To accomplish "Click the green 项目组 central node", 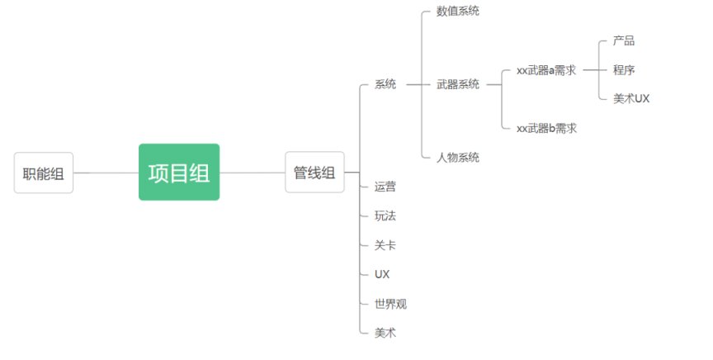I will [x=178, y=173].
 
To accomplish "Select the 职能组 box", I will [x=44, y=173].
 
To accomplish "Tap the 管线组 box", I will [x=314, y=173].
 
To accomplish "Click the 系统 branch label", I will [x=385, y=84].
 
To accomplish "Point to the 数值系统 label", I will [x=458, y=12].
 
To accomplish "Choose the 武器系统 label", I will [x=458, y=84].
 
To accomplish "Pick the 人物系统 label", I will [x=458, y=157].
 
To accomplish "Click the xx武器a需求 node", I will [x=546, y=70].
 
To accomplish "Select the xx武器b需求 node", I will [x=546, y=128].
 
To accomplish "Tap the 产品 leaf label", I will [x=624, y=40].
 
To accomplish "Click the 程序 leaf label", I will [x=624, y=70].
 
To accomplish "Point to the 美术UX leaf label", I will [x=631, y=99].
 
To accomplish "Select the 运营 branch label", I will [x=385, y=187].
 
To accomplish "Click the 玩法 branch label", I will [x=385, y=216].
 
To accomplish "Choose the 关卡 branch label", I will [x=385, y=245].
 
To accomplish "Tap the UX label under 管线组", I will [x=382, y=274].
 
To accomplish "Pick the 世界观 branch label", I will [x=390, y=304].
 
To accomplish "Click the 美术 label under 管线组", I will [x=385, y=332].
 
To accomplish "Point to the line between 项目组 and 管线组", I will [x=252, y=173].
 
